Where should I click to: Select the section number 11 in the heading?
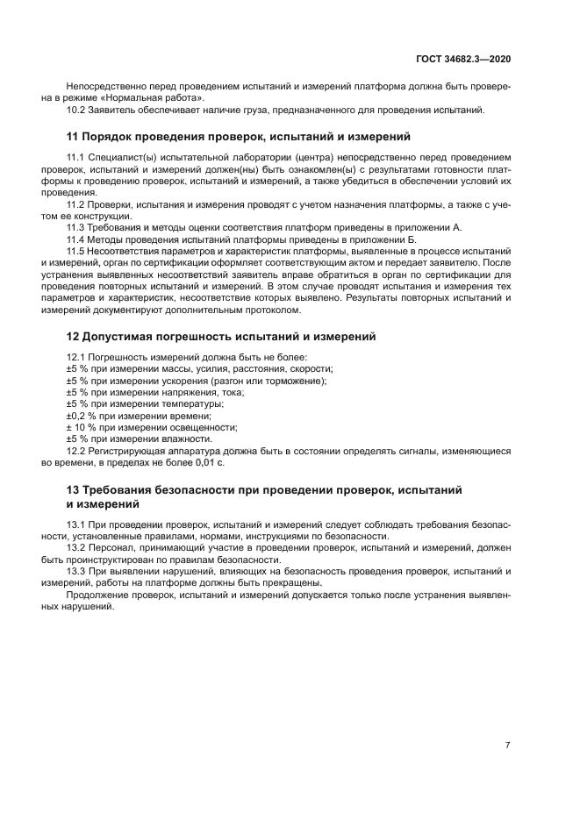[x=73, y=137]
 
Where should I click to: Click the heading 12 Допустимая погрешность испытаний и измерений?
[x=221, y=336]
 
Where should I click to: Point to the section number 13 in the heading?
[x=73, y=489]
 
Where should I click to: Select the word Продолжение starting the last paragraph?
[x=97, y=595]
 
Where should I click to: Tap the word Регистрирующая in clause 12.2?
[x=132, y=450]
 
